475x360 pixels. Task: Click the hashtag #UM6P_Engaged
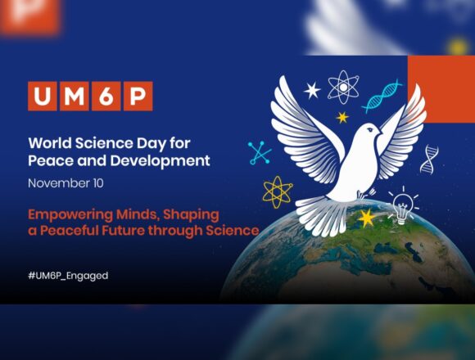(67, 276)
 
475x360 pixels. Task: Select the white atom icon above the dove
(343, 86)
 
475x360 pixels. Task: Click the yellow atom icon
(278, 191)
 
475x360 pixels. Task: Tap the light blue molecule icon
(260, 152)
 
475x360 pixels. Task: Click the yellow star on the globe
(366, 218)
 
